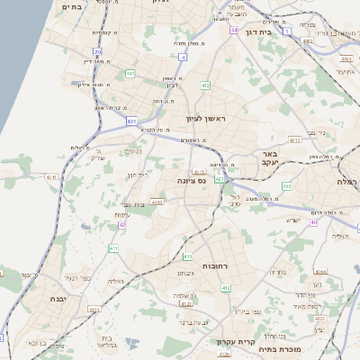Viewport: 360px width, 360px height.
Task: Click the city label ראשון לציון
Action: (209, 119)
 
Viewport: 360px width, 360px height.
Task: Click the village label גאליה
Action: (115, 282)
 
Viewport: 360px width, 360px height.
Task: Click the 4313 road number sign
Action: (294, 140)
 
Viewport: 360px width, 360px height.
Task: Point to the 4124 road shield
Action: (94, 310)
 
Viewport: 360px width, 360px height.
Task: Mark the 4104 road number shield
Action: (320, 270)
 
